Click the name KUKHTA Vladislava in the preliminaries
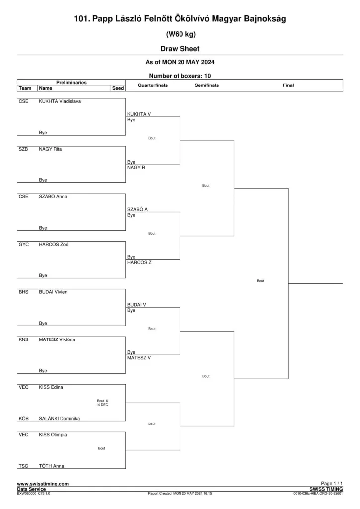point(60,101)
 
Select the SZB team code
point(23,149)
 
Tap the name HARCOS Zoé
point(54,245)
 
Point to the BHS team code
point(24,292)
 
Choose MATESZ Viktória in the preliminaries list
point(57,339)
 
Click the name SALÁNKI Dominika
point(59,419)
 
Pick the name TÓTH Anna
point(51,466)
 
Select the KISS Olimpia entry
point(53,435)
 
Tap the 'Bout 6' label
point(102,401)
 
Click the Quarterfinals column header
point(153,85)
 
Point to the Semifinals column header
point(207,85)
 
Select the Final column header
point(288,85)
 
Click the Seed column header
point(118,88)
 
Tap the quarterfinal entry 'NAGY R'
point(136,168)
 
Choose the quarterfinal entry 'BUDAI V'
point(137,305)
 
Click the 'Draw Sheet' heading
point(180,49)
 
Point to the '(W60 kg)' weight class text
point(181,34)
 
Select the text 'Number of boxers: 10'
point(180,76)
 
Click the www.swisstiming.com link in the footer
point(43,484)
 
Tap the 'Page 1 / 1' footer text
point(332,483)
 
